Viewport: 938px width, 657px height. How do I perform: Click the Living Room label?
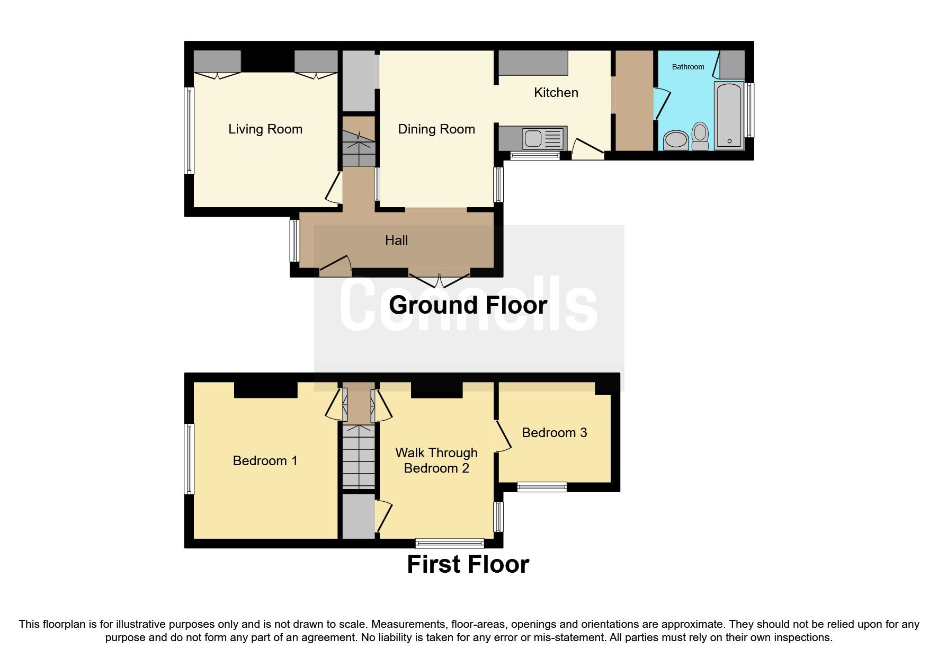click(x=265, y=129)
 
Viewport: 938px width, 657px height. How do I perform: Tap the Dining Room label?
click(x=436, y=129)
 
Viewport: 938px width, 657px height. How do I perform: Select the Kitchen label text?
click(x=556, y=93)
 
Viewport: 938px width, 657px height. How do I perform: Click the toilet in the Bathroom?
click(x=700, y=136)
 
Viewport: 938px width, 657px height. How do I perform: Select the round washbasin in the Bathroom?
click(x=676, y=140)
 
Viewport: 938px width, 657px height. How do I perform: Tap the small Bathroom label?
click(x=687, y=67)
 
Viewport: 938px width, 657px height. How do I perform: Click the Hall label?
click(x=396, y=241)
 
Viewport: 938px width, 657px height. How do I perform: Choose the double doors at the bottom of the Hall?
click(x=440, y=279)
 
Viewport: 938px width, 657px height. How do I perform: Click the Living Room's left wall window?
click(x=189, y=130)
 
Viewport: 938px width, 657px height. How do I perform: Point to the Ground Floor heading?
click(x=468, y=306)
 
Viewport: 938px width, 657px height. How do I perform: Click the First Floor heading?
click(x=468, y=564)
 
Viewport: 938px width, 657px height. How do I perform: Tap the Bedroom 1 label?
click(x=265, y=461)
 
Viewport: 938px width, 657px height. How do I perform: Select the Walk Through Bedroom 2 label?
click(x=436, y=460)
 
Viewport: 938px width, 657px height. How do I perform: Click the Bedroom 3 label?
click(x=554, y=433)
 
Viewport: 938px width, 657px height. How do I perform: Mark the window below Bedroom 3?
click(x=542, y=486)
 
